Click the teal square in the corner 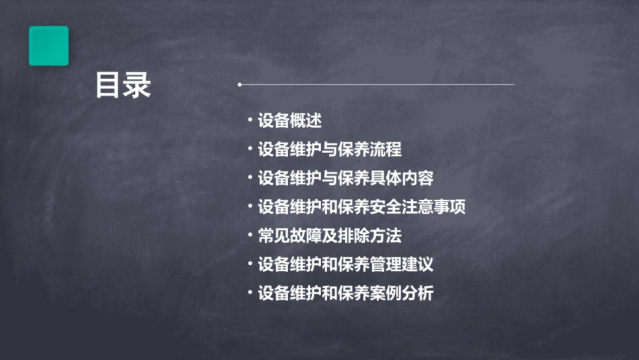click(x=48, y=46)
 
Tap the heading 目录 click(x=123, y=85)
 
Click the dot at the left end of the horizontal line click(x=239, y=85)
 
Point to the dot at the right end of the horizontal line click(x=513, y=85)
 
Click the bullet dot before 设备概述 click(x=250, y=120)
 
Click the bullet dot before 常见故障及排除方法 click(x=250, y=235)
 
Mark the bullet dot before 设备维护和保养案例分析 click(x=250, y=293)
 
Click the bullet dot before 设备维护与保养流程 click(x=250, y=149)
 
